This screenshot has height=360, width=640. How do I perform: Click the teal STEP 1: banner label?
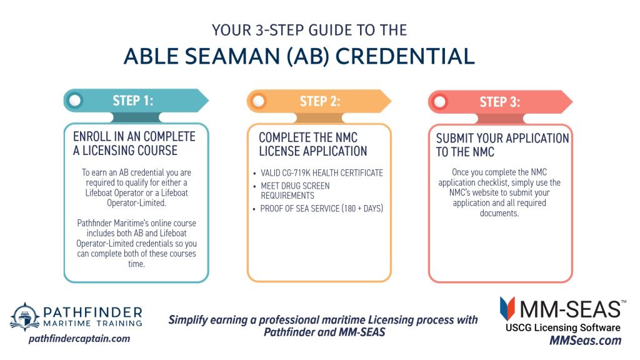click(x=133, y=101)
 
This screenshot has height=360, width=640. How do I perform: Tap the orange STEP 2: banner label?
click(x=320, y=101)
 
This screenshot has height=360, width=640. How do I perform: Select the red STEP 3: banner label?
click(x=500, y=102)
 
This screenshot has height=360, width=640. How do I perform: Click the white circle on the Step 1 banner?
click(x=75, y=101)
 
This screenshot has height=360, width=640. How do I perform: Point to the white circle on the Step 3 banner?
click(x=439, y=102)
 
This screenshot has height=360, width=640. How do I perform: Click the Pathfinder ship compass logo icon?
click(x=25, y=317)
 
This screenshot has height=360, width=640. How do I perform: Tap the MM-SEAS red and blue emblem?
click(x=507, y=309)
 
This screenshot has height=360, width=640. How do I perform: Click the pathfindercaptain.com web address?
click(x=79, y=338)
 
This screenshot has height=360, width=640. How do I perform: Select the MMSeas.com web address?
click(x=585, y=341)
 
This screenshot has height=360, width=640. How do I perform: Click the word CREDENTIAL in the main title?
click(x=405, y=56)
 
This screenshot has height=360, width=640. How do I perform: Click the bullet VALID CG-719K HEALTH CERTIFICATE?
click(x=322, y=173)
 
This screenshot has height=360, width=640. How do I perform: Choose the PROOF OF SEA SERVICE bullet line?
click(x=322, y=209)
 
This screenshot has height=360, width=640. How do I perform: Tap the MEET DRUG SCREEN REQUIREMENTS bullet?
click(x=295, y=191)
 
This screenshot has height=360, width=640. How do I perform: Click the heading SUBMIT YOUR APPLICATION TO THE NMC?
click(x=502, y=145)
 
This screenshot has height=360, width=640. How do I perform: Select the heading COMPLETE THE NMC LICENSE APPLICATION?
click(x=313, y=144)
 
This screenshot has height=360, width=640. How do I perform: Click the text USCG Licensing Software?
click(x=563, y=327)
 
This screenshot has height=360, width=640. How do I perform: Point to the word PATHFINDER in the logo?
click(x=92, y=312)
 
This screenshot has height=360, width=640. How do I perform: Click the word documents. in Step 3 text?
click(x=499, y=213)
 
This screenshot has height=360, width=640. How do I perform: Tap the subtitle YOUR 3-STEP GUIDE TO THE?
click(x=309, y=30)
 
